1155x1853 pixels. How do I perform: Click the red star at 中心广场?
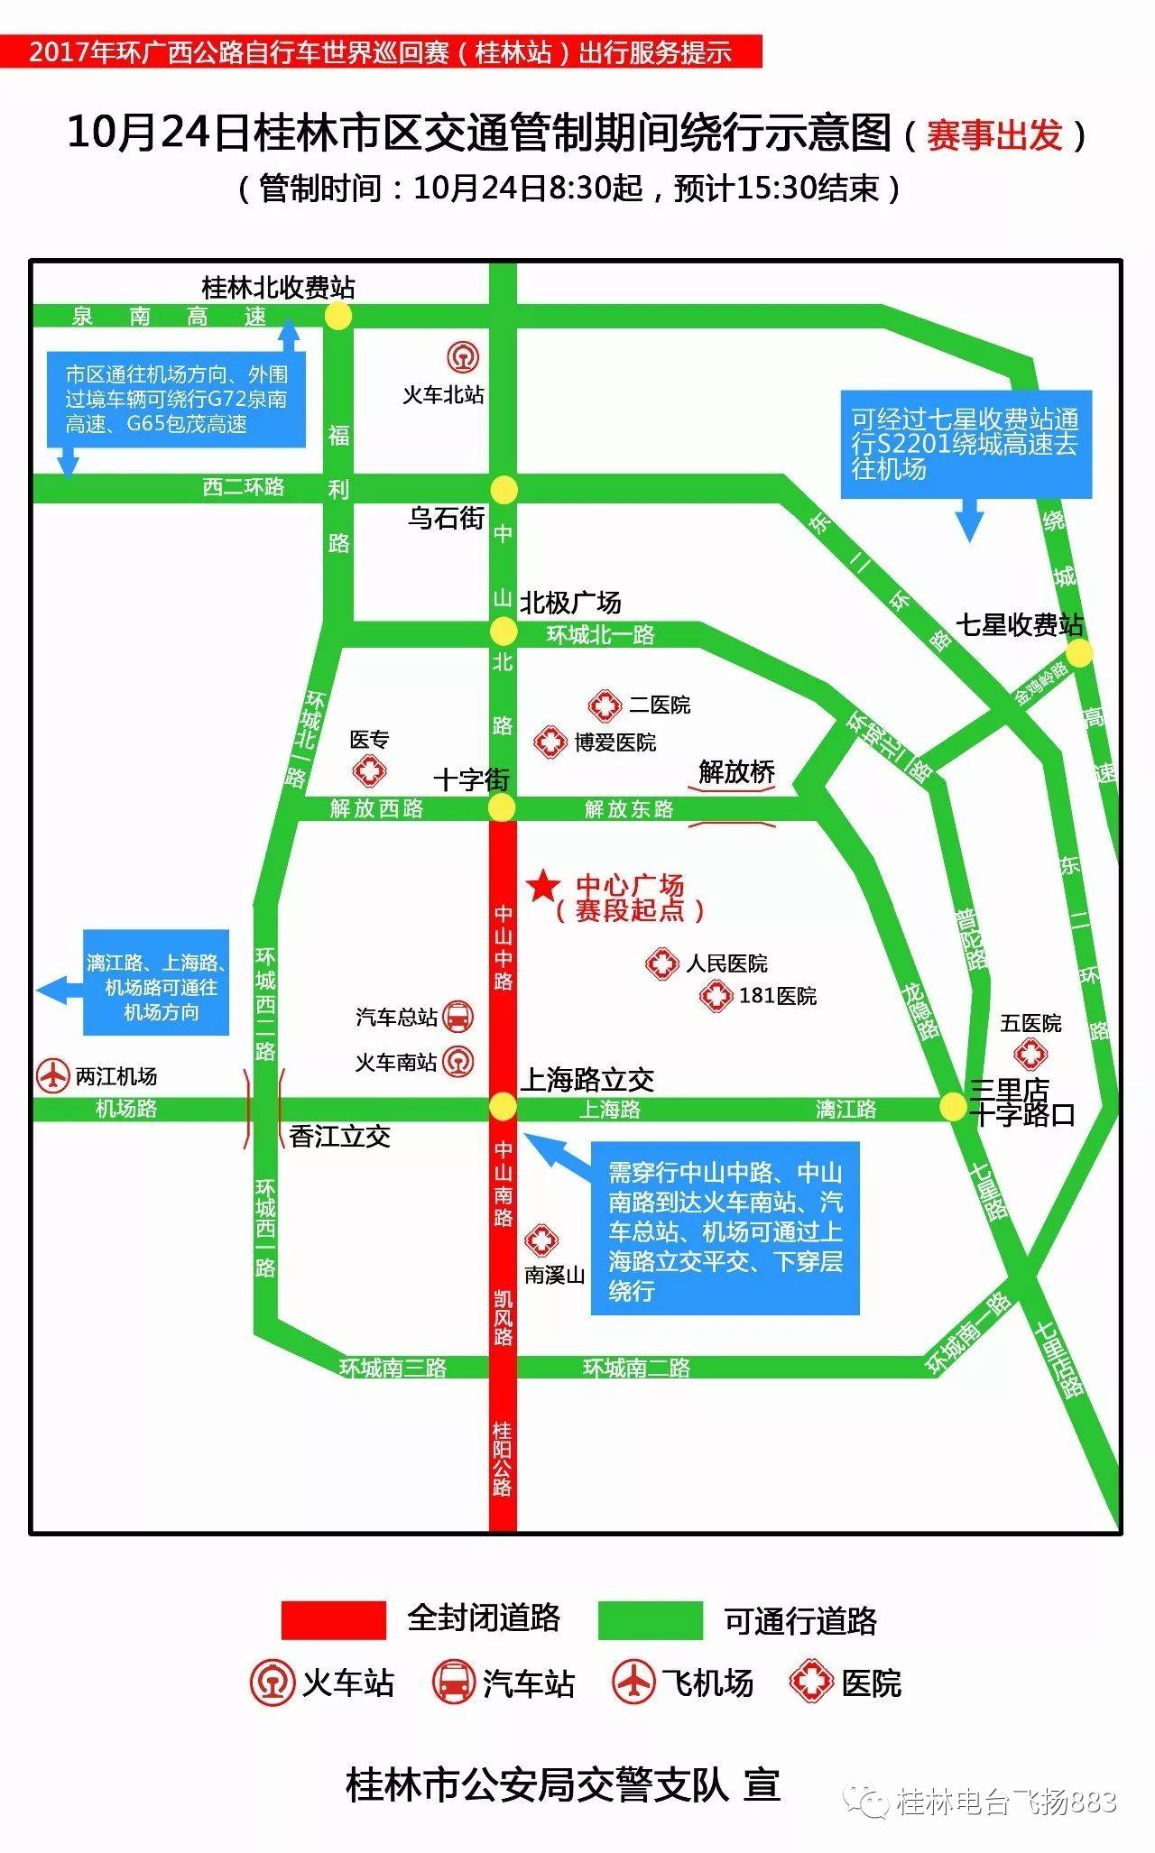pyautogui.click(x=543, y=887)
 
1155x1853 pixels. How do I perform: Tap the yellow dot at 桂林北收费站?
pyautogui.click(x=338, y=316)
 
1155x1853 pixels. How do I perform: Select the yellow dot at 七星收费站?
pyautogui.click(x=1079, y=653)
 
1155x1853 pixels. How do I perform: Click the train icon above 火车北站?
pyautogui.click(x=463, y=357)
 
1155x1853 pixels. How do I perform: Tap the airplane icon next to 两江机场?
pyautogui.click(x=53, y=1075)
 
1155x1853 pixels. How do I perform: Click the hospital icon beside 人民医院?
pyautogui.click(x=661, y=963)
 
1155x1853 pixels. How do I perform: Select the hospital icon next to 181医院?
pyautogui.click(x=716, y=996)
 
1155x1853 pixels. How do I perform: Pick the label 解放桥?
pyautogui.click(x=736, y=772)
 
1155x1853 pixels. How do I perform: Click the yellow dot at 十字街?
pyautogui.click(x=503, y=807)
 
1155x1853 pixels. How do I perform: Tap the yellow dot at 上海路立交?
pyautogui.click(x=503, y=1106)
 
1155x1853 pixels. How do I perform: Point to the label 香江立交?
pyautogui.click(x=340, y=1137)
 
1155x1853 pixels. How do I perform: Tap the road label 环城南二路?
pyautogui.click(x=636, y=1368)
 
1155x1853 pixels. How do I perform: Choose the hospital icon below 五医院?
pyautogui.click(x=1030, y=1054)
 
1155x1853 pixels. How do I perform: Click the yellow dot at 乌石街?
pyautogui.click(x=504, y=490)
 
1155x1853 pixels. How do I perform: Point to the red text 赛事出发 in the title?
pyautogui.click(x=993, y=135)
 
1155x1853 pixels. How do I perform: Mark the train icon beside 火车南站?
pyautogui.click(x=460, y=1061)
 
